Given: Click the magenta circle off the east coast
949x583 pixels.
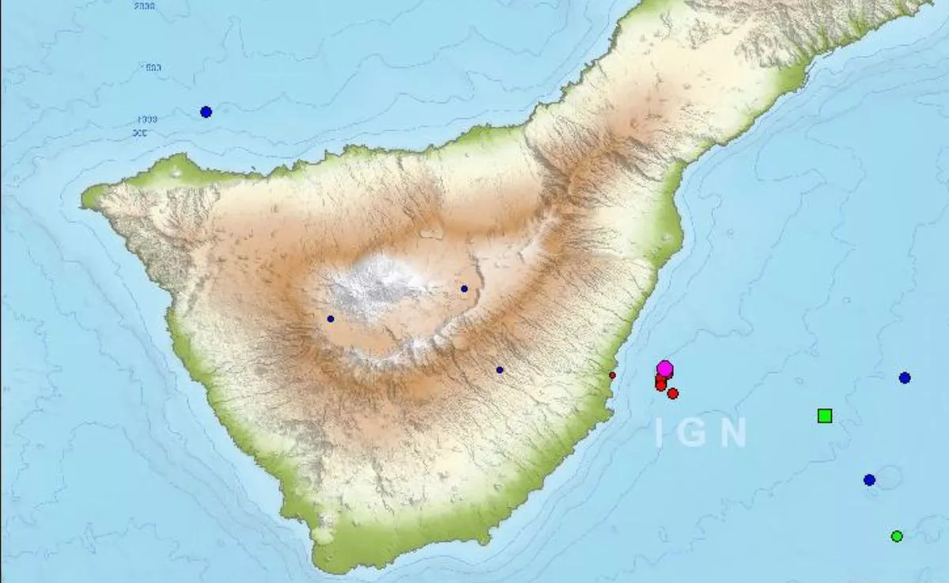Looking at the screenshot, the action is point(665,368).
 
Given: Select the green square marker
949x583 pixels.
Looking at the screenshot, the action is point(825,416).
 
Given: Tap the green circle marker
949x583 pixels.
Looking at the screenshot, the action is point(897,536).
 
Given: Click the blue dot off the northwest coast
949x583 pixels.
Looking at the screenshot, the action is point(206,112).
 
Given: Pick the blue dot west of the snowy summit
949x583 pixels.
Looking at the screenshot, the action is point(331,319).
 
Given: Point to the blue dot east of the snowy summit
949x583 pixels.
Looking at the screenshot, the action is point(464,288).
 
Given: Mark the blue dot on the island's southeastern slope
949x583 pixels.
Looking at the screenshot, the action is point(500,370).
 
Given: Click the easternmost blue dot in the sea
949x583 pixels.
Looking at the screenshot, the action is point(905,378).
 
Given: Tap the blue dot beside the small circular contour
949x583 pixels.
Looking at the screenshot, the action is point(869,480).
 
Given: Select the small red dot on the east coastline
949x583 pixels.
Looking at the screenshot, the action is point(612,375).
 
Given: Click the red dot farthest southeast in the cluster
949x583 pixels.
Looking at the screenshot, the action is point(673,393).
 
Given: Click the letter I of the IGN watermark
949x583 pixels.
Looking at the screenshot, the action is point(660,433).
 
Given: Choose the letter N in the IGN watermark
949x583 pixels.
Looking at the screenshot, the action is point(733,433).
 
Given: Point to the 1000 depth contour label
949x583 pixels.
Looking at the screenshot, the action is point(147,119).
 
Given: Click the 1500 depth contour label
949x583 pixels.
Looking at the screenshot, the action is point(150,68).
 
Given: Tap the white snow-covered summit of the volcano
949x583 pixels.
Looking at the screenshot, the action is point(380,284).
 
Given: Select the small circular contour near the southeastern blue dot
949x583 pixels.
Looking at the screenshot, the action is point(889,477).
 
